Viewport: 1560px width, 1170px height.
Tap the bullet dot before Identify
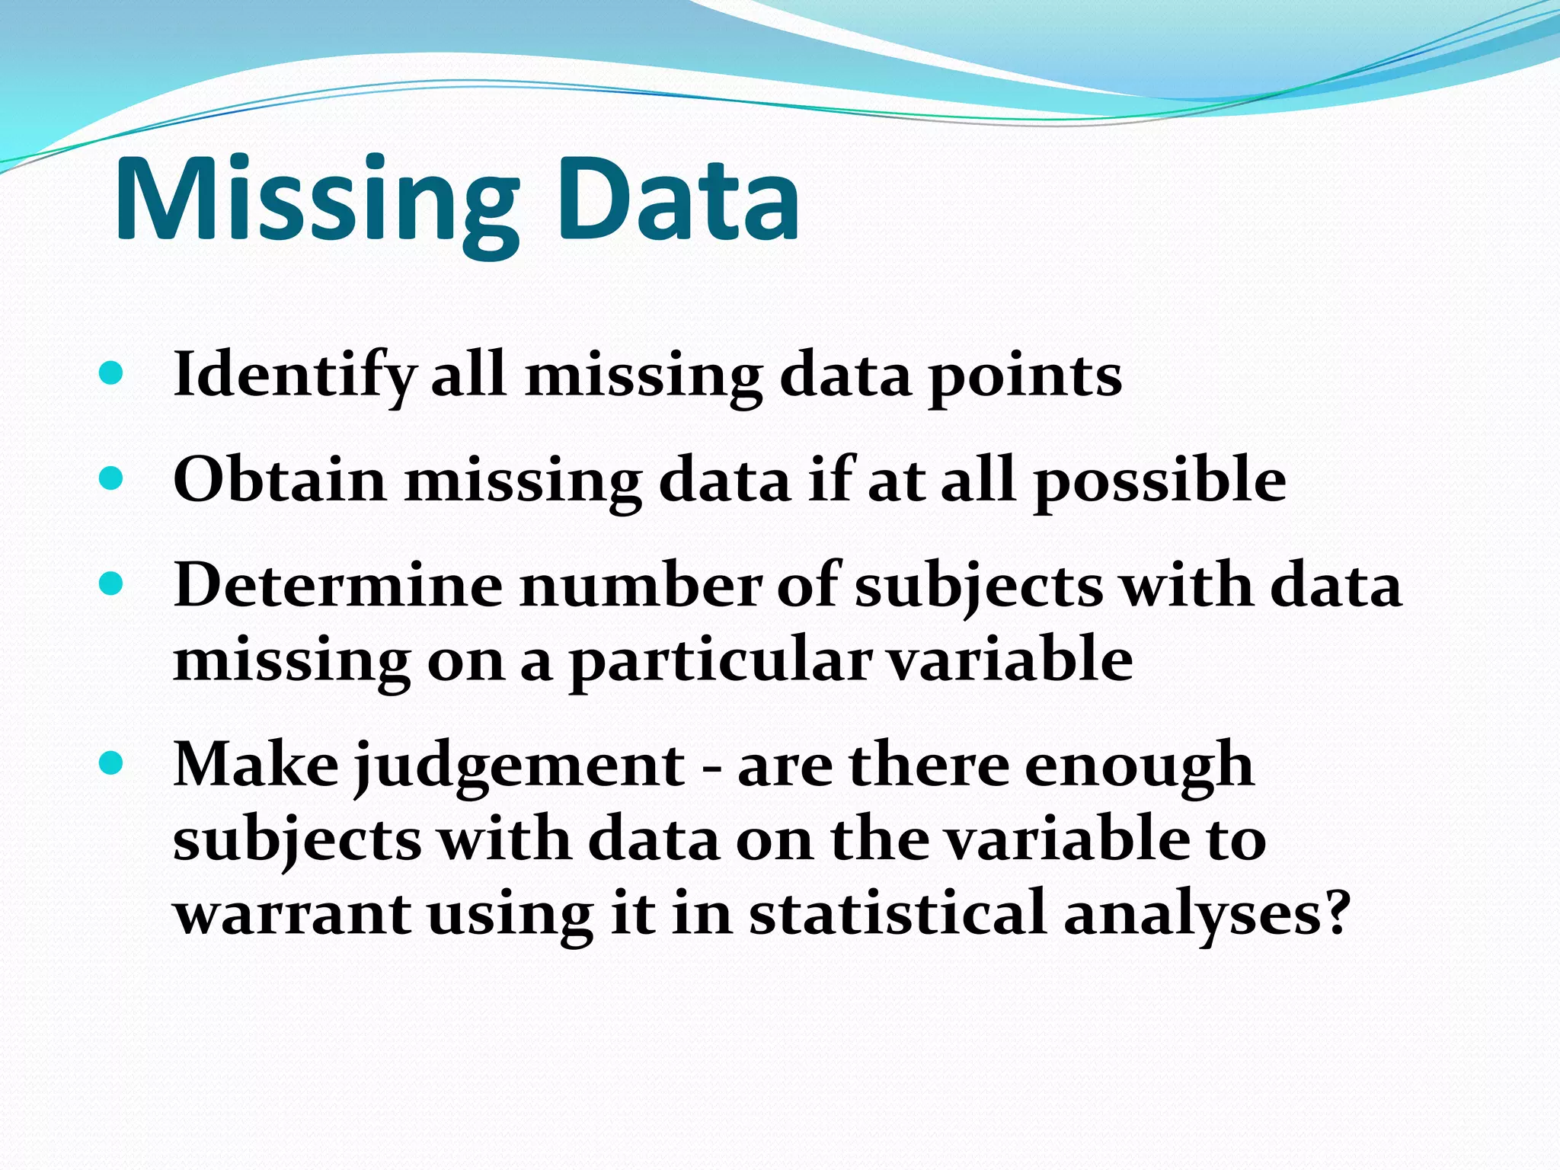coord(111,372)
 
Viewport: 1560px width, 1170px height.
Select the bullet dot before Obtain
coord(111,478)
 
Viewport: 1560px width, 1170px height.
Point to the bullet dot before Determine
coord(111,584)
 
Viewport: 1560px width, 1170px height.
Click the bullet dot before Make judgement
coord(111,762)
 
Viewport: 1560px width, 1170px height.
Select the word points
coord(1024,378)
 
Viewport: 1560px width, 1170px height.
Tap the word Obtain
coord(280,480)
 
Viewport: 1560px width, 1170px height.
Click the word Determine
coord(338,586)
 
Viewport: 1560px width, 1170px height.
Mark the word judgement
coord(519,766)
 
